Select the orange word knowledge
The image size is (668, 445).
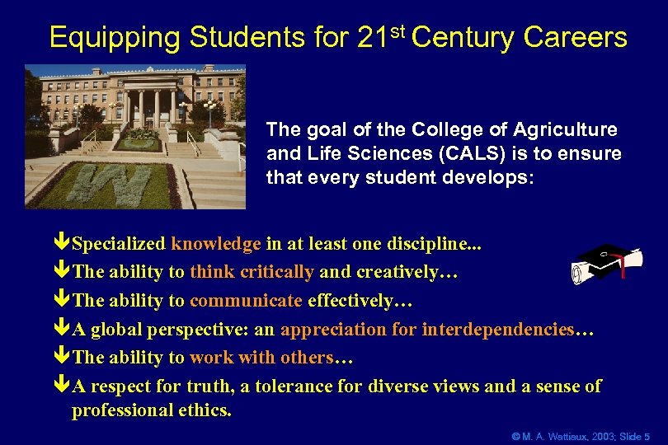pos(216,244)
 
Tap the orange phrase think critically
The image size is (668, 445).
pos(252,272)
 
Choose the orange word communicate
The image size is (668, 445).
pos(246,301)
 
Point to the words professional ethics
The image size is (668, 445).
pos(151,410)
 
